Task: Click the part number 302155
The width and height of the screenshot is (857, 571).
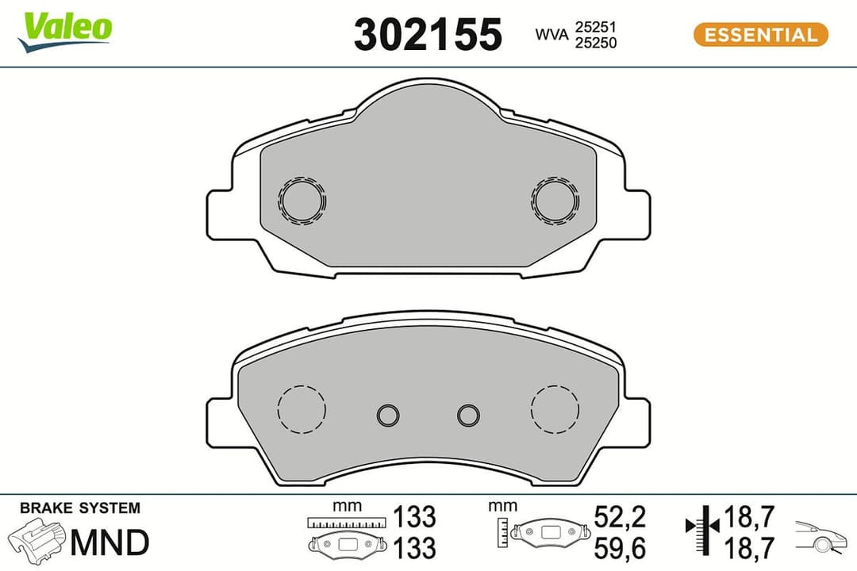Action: tap(428, 35)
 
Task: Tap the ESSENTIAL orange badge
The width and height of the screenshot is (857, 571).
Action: tap(760, 35)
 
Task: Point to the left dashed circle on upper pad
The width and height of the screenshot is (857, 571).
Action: tap(302, 201)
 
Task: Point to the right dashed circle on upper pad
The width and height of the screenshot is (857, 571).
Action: tap(555, 201)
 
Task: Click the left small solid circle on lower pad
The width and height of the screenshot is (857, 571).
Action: tap(388, 414)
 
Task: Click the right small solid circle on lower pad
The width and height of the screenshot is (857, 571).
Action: tap(468, 414)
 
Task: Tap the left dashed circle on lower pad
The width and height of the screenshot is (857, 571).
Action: tap(302, 409)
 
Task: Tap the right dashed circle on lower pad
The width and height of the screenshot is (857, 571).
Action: tap(555, 409)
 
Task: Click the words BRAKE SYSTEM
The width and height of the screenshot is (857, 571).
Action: tap(79, 508)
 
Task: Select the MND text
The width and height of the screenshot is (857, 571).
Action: tap(110, 543)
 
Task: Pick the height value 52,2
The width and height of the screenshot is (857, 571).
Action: tap(620, 517)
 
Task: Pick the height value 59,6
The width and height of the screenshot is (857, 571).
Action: tap(620, 547)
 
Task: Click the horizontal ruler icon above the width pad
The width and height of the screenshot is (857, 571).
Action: tap(348, 522)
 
